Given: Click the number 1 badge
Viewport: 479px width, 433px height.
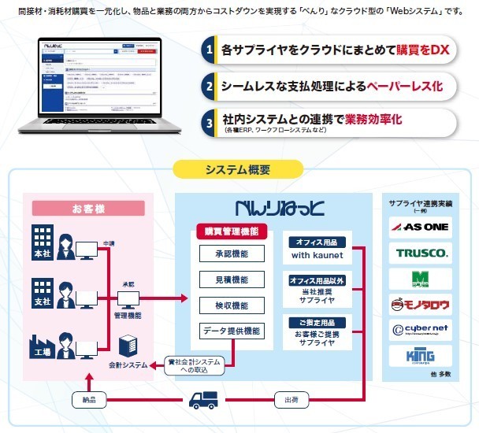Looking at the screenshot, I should [208, 51].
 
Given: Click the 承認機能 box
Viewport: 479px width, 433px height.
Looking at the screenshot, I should [232, 255].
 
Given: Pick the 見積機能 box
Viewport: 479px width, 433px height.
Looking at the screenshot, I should [232, 279].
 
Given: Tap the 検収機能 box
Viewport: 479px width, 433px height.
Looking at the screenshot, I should [232, 305].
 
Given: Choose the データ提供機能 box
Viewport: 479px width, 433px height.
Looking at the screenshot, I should [232, 330].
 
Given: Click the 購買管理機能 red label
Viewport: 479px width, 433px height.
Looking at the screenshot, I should [231, 232].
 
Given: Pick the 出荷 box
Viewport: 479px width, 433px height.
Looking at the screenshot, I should [291, 399].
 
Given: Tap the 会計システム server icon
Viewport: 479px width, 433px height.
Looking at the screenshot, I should [127, 343].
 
